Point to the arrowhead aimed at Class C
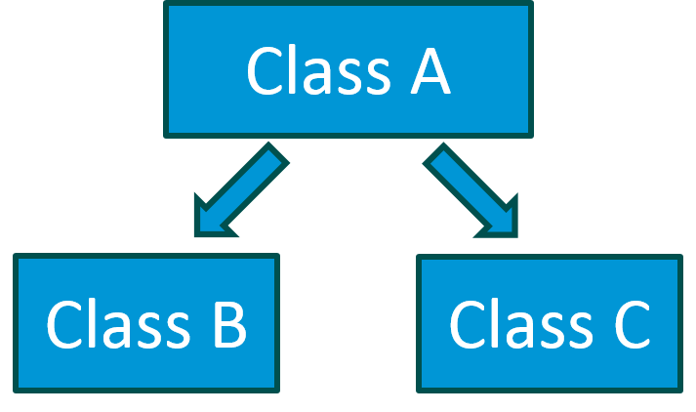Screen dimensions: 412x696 [x=500, y=221]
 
